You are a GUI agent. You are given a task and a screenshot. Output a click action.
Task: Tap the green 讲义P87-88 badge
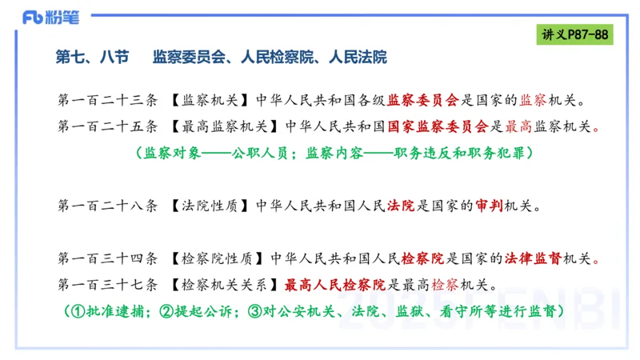pos(573,35)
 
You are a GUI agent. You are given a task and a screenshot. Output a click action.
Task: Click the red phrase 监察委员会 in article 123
pos(423,101)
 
